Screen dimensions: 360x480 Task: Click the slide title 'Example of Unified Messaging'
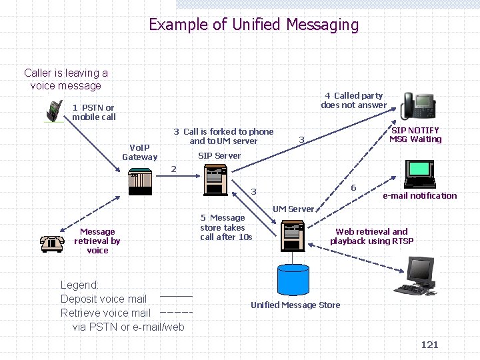click(x=253, y=25)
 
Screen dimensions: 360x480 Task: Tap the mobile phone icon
click(x=54, y=111)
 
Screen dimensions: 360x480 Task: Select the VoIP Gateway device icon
click(x=141, y=181)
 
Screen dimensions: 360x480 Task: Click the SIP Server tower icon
click(x=215, y=180)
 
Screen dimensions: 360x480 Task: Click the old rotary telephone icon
click(x=51, y=244)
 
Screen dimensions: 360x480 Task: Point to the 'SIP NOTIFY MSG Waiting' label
click(x=415, y=135)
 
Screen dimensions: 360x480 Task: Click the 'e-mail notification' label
click(x=419, y=195)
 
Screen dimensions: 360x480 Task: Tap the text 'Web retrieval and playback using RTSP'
click(x=371, y=237)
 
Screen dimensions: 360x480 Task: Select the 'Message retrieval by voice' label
click(x=97, y=241)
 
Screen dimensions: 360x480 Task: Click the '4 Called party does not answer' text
click(x=353, y=100)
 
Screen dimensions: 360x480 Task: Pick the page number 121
click(x=429, y=344)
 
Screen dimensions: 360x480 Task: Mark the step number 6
click(x=353, y=187)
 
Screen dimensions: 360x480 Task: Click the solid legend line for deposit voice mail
click(x=176, y=295)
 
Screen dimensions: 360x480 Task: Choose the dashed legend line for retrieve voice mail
click(x=176, y=311)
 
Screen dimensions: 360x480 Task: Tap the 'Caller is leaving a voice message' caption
click(x=66, y=79)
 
